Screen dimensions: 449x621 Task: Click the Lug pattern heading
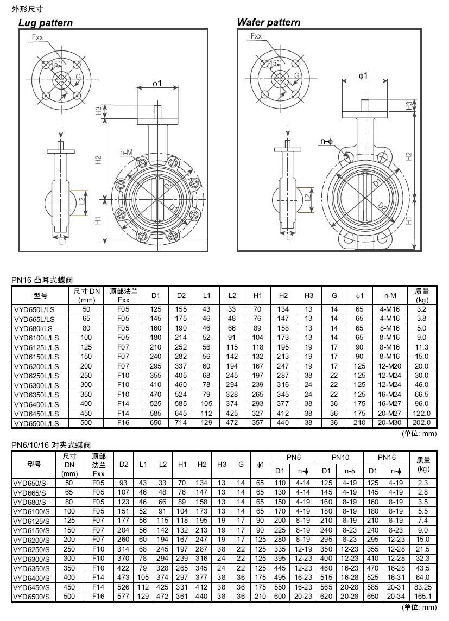coord(46,23)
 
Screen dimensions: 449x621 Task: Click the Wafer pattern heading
coord(268,22)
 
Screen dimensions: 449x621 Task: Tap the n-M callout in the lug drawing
coord(127,153)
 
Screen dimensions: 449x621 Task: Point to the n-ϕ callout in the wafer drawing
coord(327,141)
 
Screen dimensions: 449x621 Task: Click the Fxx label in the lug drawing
coord(37,37)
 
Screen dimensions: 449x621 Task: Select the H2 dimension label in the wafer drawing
coord(409,156)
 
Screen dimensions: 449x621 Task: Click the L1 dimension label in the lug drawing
coord(64,241)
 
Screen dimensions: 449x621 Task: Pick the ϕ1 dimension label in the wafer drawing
coord(363,75)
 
